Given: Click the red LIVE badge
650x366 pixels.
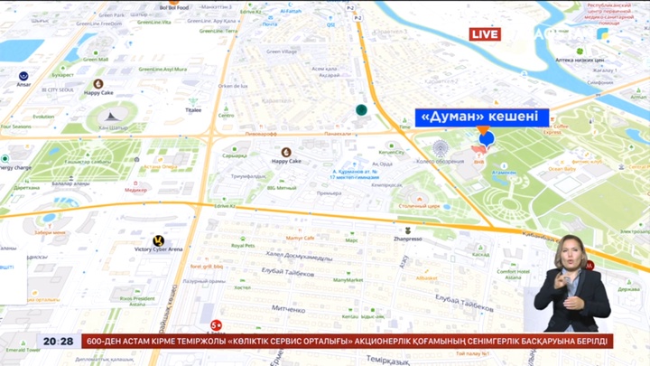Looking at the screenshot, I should (x=485, y=34).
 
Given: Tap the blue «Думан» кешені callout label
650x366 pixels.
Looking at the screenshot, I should (x=482, y=117).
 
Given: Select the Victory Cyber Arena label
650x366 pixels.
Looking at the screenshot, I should (x=159, y=249).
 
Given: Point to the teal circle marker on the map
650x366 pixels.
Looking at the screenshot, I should (x=361, y=109).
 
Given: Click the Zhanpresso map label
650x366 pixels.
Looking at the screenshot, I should (x=408, y=239).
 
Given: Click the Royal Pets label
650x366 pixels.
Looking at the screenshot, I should (x=243, y=245).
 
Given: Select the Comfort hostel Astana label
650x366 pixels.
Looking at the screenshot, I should (x=513, y=274).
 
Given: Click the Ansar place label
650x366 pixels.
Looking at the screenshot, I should (x=23, y=85).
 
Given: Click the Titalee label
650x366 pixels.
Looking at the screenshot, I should (x=193, y=109).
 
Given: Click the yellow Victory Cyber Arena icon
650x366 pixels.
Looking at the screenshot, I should (x=159, y=239).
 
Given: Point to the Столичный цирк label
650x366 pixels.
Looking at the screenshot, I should (x=419, y=206).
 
